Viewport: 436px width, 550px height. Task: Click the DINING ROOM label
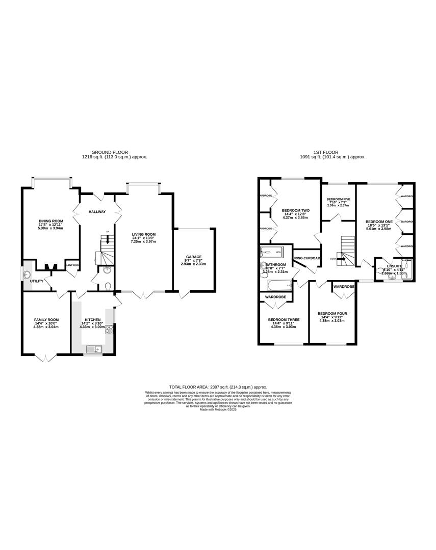pyautogui.click(x=50, y=221)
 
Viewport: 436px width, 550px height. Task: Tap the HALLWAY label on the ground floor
pyautogui.click(x=97, y=211)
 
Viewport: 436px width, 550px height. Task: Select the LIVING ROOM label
pyautogui.click(x=143, y=235)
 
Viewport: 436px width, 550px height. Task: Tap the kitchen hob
pyautogui.click(x=109, y=330)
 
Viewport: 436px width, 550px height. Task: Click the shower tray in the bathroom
pyautogui.click(x=274, y=251)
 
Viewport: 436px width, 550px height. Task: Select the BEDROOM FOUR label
pyautogui.click(x=332, y=314)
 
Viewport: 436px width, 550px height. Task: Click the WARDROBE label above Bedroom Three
pyautogui.click(x=275, y=297)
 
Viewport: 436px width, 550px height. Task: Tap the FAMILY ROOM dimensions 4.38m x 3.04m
pyautogui.click(x=46, y=326)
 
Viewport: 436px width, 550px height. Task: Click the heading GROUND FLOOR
pyautogui.click(x=110, y=152)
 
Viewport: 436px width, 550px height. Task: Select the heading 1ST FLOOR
pyautogui.click(x=332, y=152)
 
